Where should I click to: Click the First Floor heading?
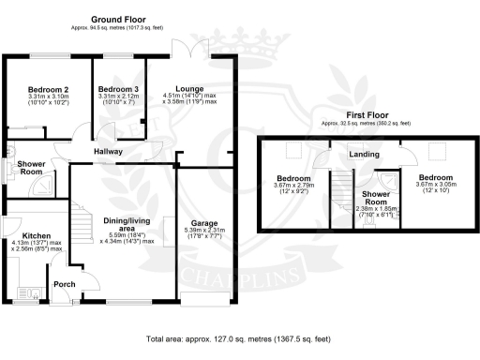pyautogui.click(x=355, y=115)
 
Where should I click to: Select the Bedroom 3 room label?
pyautogui.click(x=117, y=89)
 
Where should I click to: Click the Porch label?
pyautogui.click(x=65, y=284)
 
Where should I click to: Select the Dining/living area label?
pyautogui.click(x=124, y=223)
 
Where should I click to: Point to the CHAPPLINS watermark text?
pyautogui.click(x=216, y=277)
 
